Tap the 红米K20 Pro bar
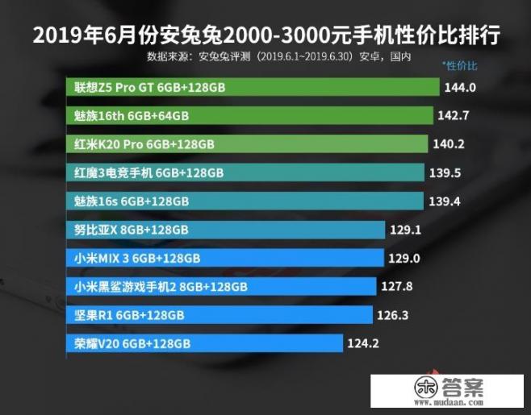pyautogui.click(x=247, y=144)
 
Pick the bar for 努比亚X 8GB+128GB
pyautogui.click(x=225, y=230)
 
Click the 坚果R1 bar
pyautogui.click(x=219, y=314)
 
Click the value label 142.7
pyautogui.click(x=453, y=116)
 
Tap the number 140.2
pyautogui.click(x=448, y=144)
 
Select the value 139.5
pyautogui.click(x=445, y=172)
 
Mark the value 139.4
pyautogui.click(x=444, y=201)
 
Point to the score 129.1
pyautogui.click(x=407, y=230)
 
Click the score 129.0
pyautogui.click(x=405, y=258)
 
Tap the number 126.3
pyautogui.click(x=393, y=314)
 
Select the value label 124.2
pyautogui.click(x=363, y=344)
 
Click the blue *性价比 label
pyautogui.click(x=460, y=64)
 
